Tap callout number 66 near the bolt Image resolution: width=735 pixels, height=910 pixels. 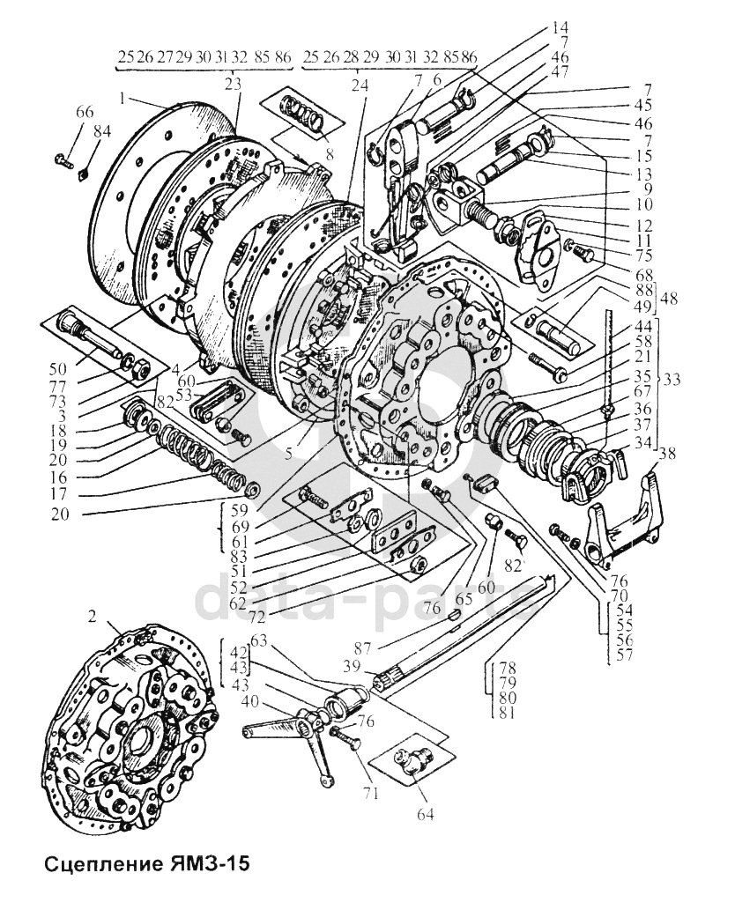[85, 112]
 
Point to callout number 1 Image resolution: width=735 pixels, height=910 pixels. [122, 99]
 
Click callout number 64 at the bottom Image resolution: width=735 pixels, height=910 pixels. [425, 814]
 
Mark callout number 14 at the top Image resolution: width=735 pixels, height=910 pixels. [561, 27]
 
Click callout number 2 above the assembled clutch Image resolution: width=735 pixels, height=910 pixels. [92, 618]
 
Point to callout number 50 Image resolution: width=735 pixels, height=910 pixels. [57, 368]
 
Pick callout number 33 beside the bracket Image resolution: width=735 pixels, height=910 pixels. [672, 381]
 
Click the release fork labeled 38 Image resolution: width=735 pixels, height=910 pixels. [625, 520]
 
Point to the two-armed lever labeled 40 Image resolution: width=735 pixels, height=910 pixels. [286, 741]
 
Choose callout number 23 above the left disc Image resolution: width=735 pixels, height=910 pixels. [233, 85]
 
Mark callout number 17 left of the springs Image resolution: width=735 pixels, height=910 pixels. [58, 494]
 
